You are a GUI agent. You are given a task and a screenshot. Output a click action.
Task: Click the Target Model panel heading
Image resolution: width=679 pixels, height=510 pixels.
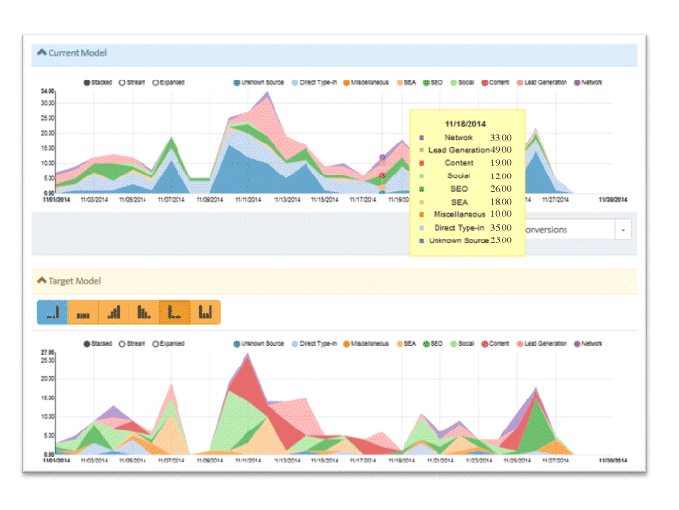(x=75, y=281)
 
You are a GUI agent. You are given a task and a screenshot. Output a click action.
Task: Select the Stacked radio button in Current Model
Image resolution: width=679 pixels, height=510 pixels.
(x=88, y=83)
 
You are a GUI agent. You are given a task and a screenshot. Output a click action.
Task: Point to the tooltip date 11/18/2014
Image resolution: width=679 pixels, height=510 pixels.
(x=468, y=124)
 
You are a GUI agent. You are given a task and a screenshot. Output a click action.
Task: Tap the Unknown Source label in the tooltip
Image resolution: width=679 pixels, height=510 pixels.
(x=459, y=239)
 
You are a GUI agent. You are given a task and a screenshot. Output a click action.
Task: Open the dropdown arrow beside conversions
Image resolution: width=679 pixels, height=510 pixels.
(x=623, y=230)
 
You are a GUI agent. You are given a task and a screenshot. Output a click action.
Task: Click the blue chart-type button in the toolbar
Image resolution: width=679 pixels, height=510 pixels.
(x=51, y=311)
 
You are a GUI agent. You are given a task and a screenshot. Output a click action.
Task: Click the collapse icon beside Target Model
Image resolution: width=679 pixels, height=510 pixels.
(x=41, y=281)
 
